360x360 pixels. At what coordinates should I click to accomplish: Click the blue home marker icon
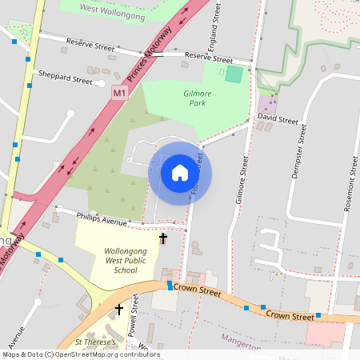180,173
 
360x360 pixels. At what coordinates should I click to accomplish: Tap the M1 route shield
118,93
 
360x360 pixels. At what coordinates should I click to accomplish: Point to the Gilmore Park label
198,98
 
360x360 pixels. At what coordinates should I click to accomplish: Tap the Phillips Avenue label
102,218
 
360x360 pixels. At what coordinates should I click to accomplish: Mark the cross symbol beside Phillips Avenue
163,238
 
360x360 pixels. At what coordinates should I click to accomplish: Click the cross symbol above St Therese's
119,309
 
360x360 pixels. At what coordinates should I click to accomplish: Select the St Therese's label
96,342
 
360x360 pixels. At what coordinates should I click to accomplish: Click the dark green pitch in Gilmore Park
233,74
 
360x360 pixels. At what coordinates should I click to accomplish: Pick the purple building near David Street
266,104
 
